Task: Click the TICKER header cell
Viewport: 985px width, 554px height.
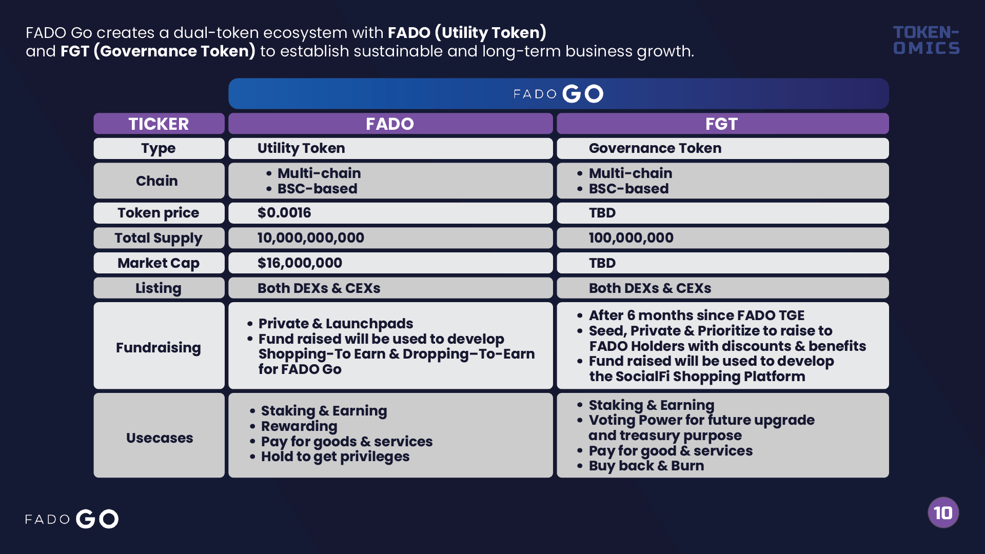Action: (159, 124)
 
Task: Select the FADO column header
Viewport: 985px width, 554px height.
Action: (390, 124)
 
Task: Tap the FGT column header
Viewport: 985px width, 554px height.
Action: (723, 124)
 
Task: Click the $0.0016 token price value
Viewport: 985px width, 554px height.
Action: (284, 213)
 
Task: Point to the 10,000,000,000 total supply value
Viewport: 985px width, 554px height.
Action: (311, 238)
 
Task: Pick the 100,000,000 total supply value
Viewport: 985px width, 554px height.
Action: (631, 238)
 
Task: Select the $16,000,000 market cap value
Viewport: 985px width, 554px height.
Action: (300, 263)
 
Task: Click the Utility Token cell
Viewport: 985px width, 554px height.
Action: (390, 148)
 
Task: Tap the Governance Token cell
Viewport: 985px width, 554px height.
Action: (723, 148)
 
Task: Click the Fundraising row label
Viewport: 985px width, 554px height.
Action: (159, 348)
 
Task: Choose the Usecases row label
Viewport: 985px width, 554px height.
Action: (160, 438)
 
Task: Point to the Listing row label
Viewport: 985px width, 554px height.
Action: (159, 288)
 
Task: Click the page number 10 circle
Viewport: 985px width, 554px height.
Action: (943, 512)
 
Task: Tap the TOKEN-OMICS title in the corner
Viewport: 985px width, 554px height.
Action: (927, 40)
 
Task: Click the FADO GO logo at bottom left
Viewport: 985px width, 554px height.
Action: (72, 519)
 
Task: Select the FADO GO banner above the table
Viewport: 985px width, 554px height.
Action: (559, 93)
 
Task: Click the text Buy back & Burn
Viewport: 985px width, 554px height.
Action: (646, 466)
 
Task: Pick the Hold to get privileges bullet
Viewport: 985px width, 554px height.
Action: (336, 457)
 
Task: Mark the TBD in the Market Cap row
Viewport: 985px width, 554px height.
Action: (602, 263)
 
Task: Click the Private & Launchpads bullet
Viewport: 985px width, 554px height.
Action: (336, 324)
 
